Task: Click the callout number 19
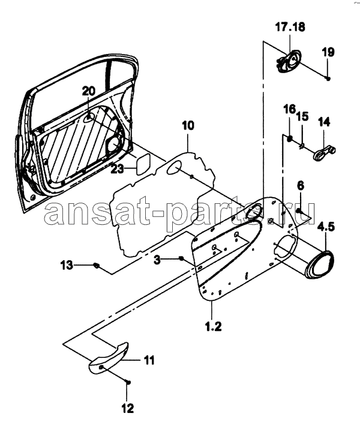point(328,52)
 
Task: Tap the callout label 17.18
point(290,27)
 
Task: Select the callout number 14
point(324,122)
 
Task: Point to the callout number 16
point(289,109)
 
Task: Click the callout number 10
point(188,125)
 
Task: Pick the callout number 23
point(117,169)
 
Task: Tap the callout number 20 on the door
point(89,91)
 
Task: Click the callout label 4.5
point(326,227)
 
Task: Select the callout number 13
point(67,265)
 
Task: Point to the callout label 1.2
point(213,326)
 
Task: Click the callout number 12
point(128,408)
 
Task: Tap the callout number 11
point(148,360)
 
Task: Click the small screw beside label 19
point(328,79)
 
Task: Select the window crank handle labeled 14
point(324,153)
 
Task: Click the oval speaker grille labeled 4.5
point(319,265)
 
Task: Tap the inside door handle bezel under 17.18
point(289,61)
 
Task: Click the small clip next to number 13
point(96,266)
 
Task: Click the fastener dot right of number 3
point(181,258)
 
